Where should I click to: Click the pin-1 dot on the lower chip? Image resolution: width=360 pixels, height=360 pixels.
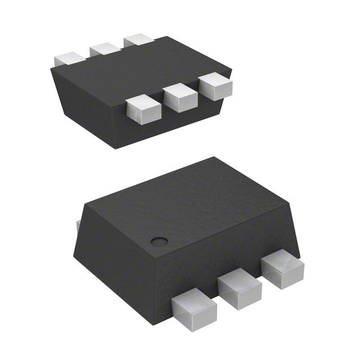(x=159, y=241)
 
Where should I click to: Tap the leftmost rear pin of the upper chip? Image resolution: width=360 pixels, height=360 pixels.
(x=69, y=58)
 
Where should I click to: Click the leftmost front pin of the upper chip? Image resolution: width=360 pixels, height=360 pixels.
(x=140, y=110)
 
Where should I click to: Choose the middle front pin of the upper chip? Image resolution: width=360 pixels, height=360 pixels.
(x=179, y=98)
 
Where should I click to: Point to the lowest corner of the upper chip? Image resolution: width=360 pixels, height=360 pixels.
(x=113, y=148)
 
